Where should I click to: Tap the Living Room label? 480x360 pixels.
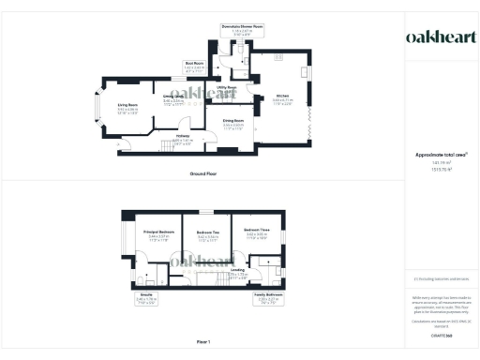(127, 108)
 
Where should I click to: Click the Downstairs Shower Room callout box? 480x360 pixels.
(242, 30)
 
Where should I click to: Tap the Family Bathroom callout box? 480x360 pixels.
(270, 302)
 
